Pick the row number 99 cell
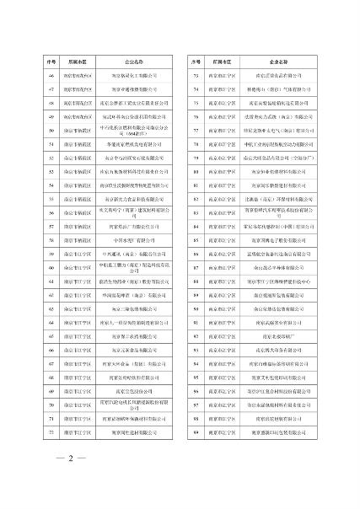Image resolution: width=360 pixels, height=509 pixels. tap(195, 431)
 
